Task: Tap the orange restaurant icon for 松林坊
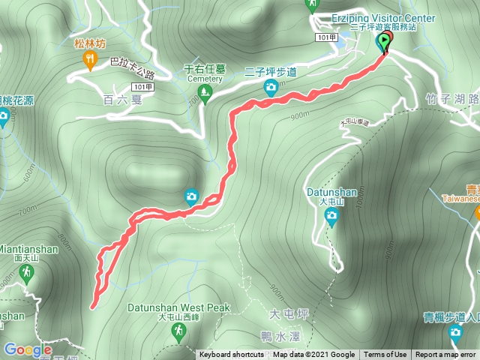click(91, 61)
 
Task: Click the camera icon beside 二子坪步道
click(270, 88)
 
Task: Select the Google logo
click(27, 349)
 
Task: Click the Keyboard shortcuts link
click(231, 355)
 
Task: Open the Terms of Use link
click(385, 355)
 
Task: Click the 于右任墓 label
click(205, 69)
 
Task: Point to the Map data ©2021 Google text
click(313, 355)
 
